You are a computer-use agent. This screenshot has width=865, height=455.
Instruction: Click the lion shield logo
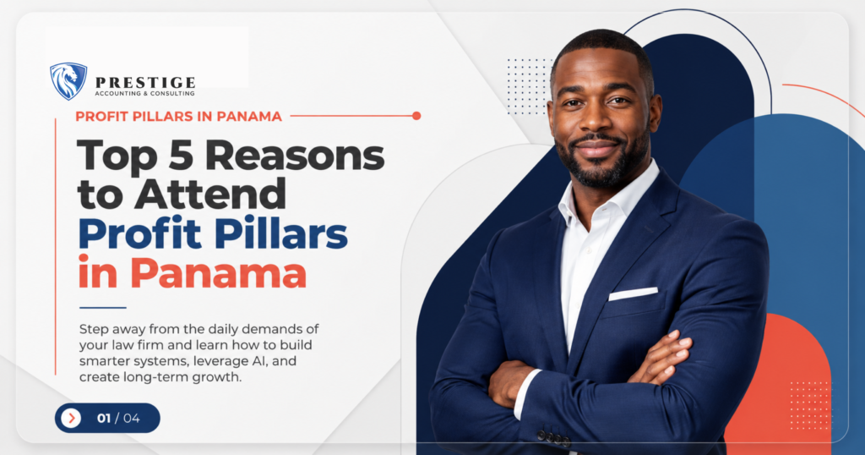tap(68, 81)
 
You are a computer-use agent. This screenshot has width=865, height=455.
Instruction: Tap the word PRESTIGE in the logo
tap(145, 83)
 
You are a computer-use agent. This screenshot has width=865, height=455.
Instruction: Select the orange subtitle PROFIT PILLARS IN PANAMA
tap(179, 117)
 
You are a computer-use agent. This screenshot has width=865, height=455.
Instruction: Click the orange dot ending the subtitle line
tap(416, 116)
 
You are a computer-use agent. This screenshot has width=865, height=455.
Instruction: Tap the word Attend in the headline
tap(210, 194)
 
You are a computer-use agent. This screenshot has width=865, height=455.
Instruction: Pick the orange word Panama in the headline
tap(218, 273)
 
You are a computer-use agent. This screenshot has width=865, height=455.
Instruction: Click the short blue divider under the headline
tap(102, 308)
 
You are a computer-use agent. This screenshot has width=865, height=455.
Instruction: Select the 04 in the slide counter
tap(131, 418)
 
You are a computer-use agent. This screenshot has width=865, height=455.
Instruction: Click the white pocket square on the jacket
tap(633, 293)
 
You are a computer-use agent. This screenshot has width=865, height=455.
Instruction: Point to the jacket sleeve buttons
tap(553, 437)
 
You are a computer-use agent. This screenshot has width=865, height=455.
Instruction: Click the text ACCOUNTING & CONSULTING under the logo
tap(144, 94)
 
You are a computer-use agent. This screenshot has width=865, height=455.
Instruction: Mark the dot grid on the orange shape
tap(810, 405)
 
